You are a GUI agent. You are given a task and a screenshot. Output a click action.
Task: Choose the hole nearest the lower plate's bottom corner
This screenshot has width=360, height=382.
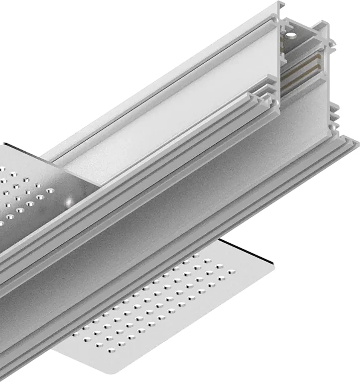coord(88,339)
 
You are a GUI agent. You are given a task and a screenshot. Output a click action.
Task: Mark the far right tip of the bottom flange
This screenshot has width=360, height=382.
coord(358,145)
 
